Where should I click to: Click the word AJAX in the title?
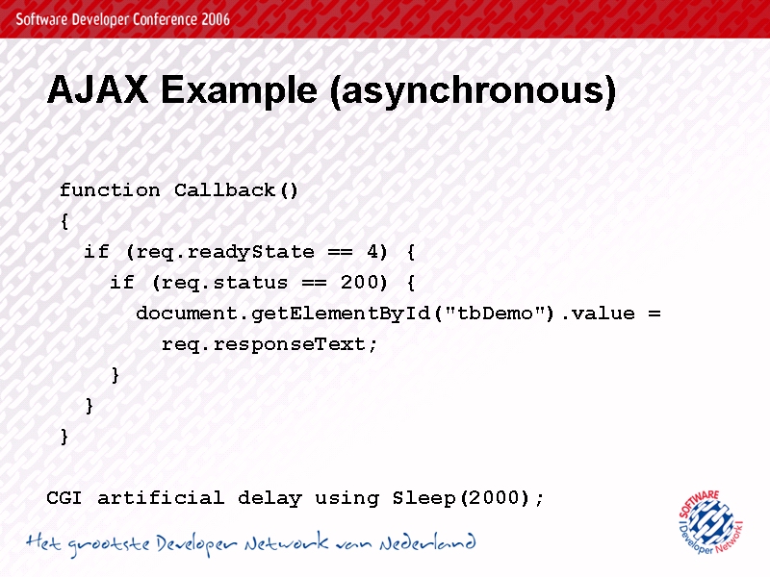coord(97,89)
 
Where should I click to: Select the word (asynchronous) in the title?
coord(473,91)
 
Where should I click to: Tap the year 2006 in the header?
coord(215,19)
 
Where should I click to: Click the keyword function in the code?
coord(110,190)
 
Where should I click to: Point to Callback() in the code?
coord(236,190)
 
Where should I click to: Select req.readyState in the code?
coord(225,253)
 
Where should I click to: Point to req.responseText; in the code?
coord(269,344)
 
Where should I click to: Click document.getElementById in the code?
coord(283,314)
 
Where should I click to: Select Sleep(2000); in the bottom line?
coord(469,498)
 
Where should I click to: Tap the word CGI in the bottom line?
coord(64,498)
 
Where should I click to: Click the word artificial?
coord(161,498)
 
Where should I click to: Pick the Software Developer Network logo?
coord(711,522)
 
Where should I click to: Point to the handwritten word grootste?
coord(109,544)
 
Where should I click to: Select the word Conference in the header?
coord(165,19)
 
